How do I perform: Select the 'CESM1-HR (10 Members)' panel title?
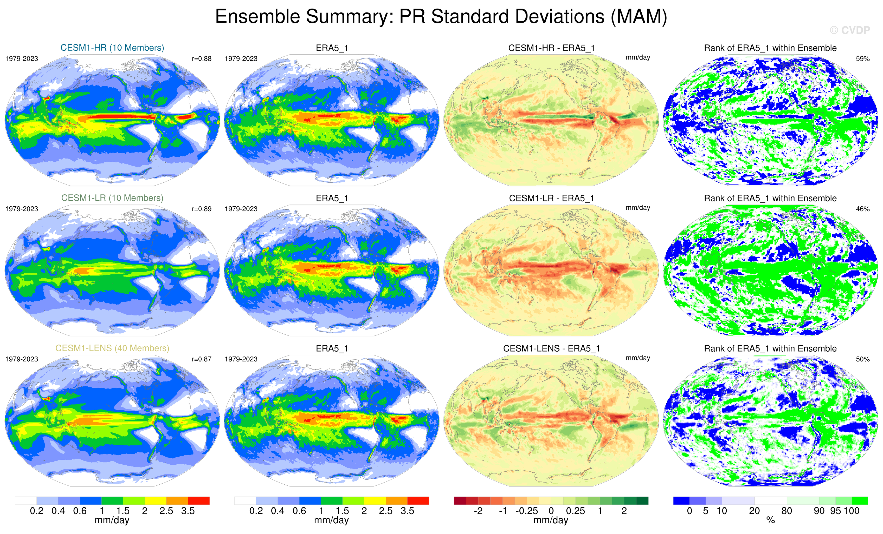pyautogui.click(x=112, y=48)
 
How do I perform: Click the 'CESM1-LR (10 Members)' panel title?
pyautogui.click(x=112, y=198)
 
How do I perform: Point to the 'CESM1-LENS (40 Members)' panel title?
pyautogui.click(x=112, y=348)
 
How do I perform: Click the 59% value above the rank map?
pyautogui.click(x=862, y=59)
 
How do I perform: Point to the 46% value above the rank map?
pyautogui.click(x=862, y=209)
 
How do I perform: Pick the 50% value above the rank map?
pyautogui.click(x=862, y=359)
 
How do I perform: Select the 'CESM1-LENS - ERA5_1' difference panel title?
pyautogui.click(x=551, y=348)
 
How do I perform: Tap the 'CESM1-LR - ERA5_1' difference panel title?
pyautogui.click(x=551, y=198)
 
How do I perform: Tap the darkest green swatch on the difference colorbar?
pyautogui.click(x=642, y=500)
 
